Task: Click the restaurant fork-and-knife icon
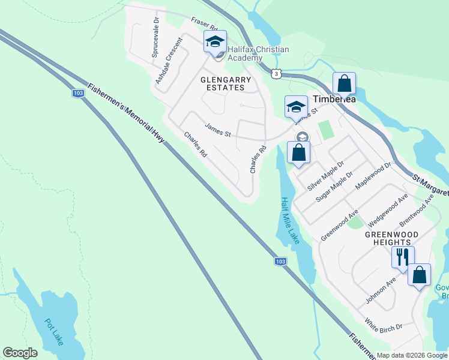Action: (x=402, y=257)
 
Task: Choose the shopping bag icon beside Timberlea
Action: (x=345, y=83)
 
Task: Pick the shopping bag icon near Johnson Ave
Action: (x=419, y=275)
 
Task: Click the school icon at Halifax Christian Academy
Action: (x=215, y=41)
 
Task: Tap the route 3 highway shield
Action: (x=276, y=73)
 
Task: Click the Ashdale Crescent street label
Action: (x=168, y=61)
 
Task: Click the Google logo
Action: (x=20, y=353)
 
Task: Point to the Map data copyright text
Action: (x=412, y=355)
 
